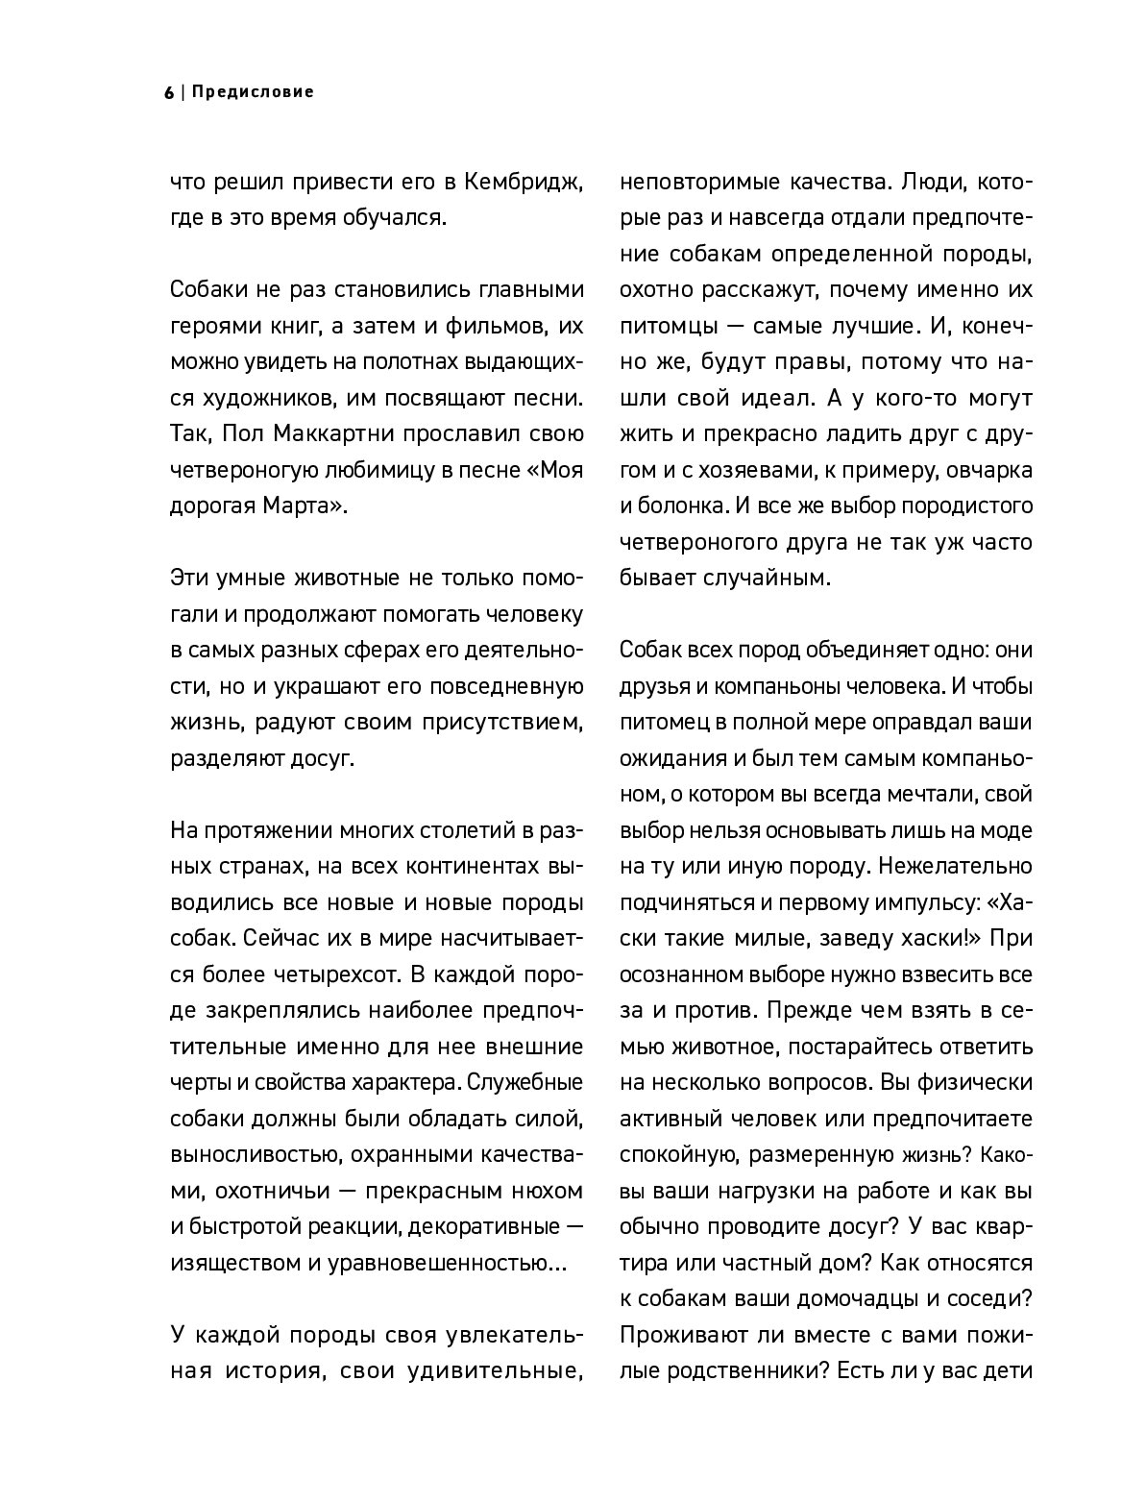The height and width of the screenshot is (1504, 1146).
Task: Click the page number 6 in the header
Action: pyautogui.click(x=169, y=93)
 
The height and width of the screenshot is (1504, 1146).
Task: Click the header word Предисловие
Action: pyautogui.click(x=253, y=93)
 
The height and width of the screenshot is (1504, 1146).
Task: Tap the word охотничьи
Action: pyautogui.click(x=258, y=1191)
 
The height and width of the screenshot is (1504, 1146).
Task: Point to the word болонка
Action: pyautogui.click(x=676, y=506)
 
